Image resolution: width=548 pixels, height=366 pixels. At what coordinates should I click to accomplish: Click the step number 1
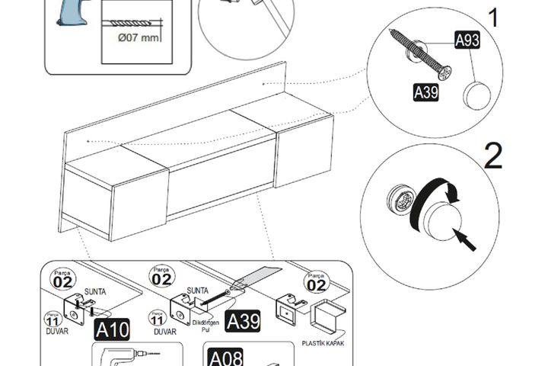494,18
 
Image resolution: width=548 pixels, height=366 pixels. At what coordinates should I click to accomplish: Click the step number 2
493,156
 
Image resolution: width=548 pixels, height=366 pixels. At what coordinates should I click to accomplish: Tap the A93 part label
467,41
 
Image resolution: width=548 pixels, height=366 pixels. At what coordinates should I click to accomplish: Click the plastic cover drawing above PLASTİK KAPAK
327,316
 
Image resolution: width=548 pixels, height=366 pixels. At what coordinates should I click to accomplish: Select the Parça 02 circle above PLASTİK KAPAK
317,283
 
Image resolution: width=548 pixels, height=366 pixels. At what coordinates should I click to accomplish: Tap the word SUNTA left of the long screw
198,291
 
